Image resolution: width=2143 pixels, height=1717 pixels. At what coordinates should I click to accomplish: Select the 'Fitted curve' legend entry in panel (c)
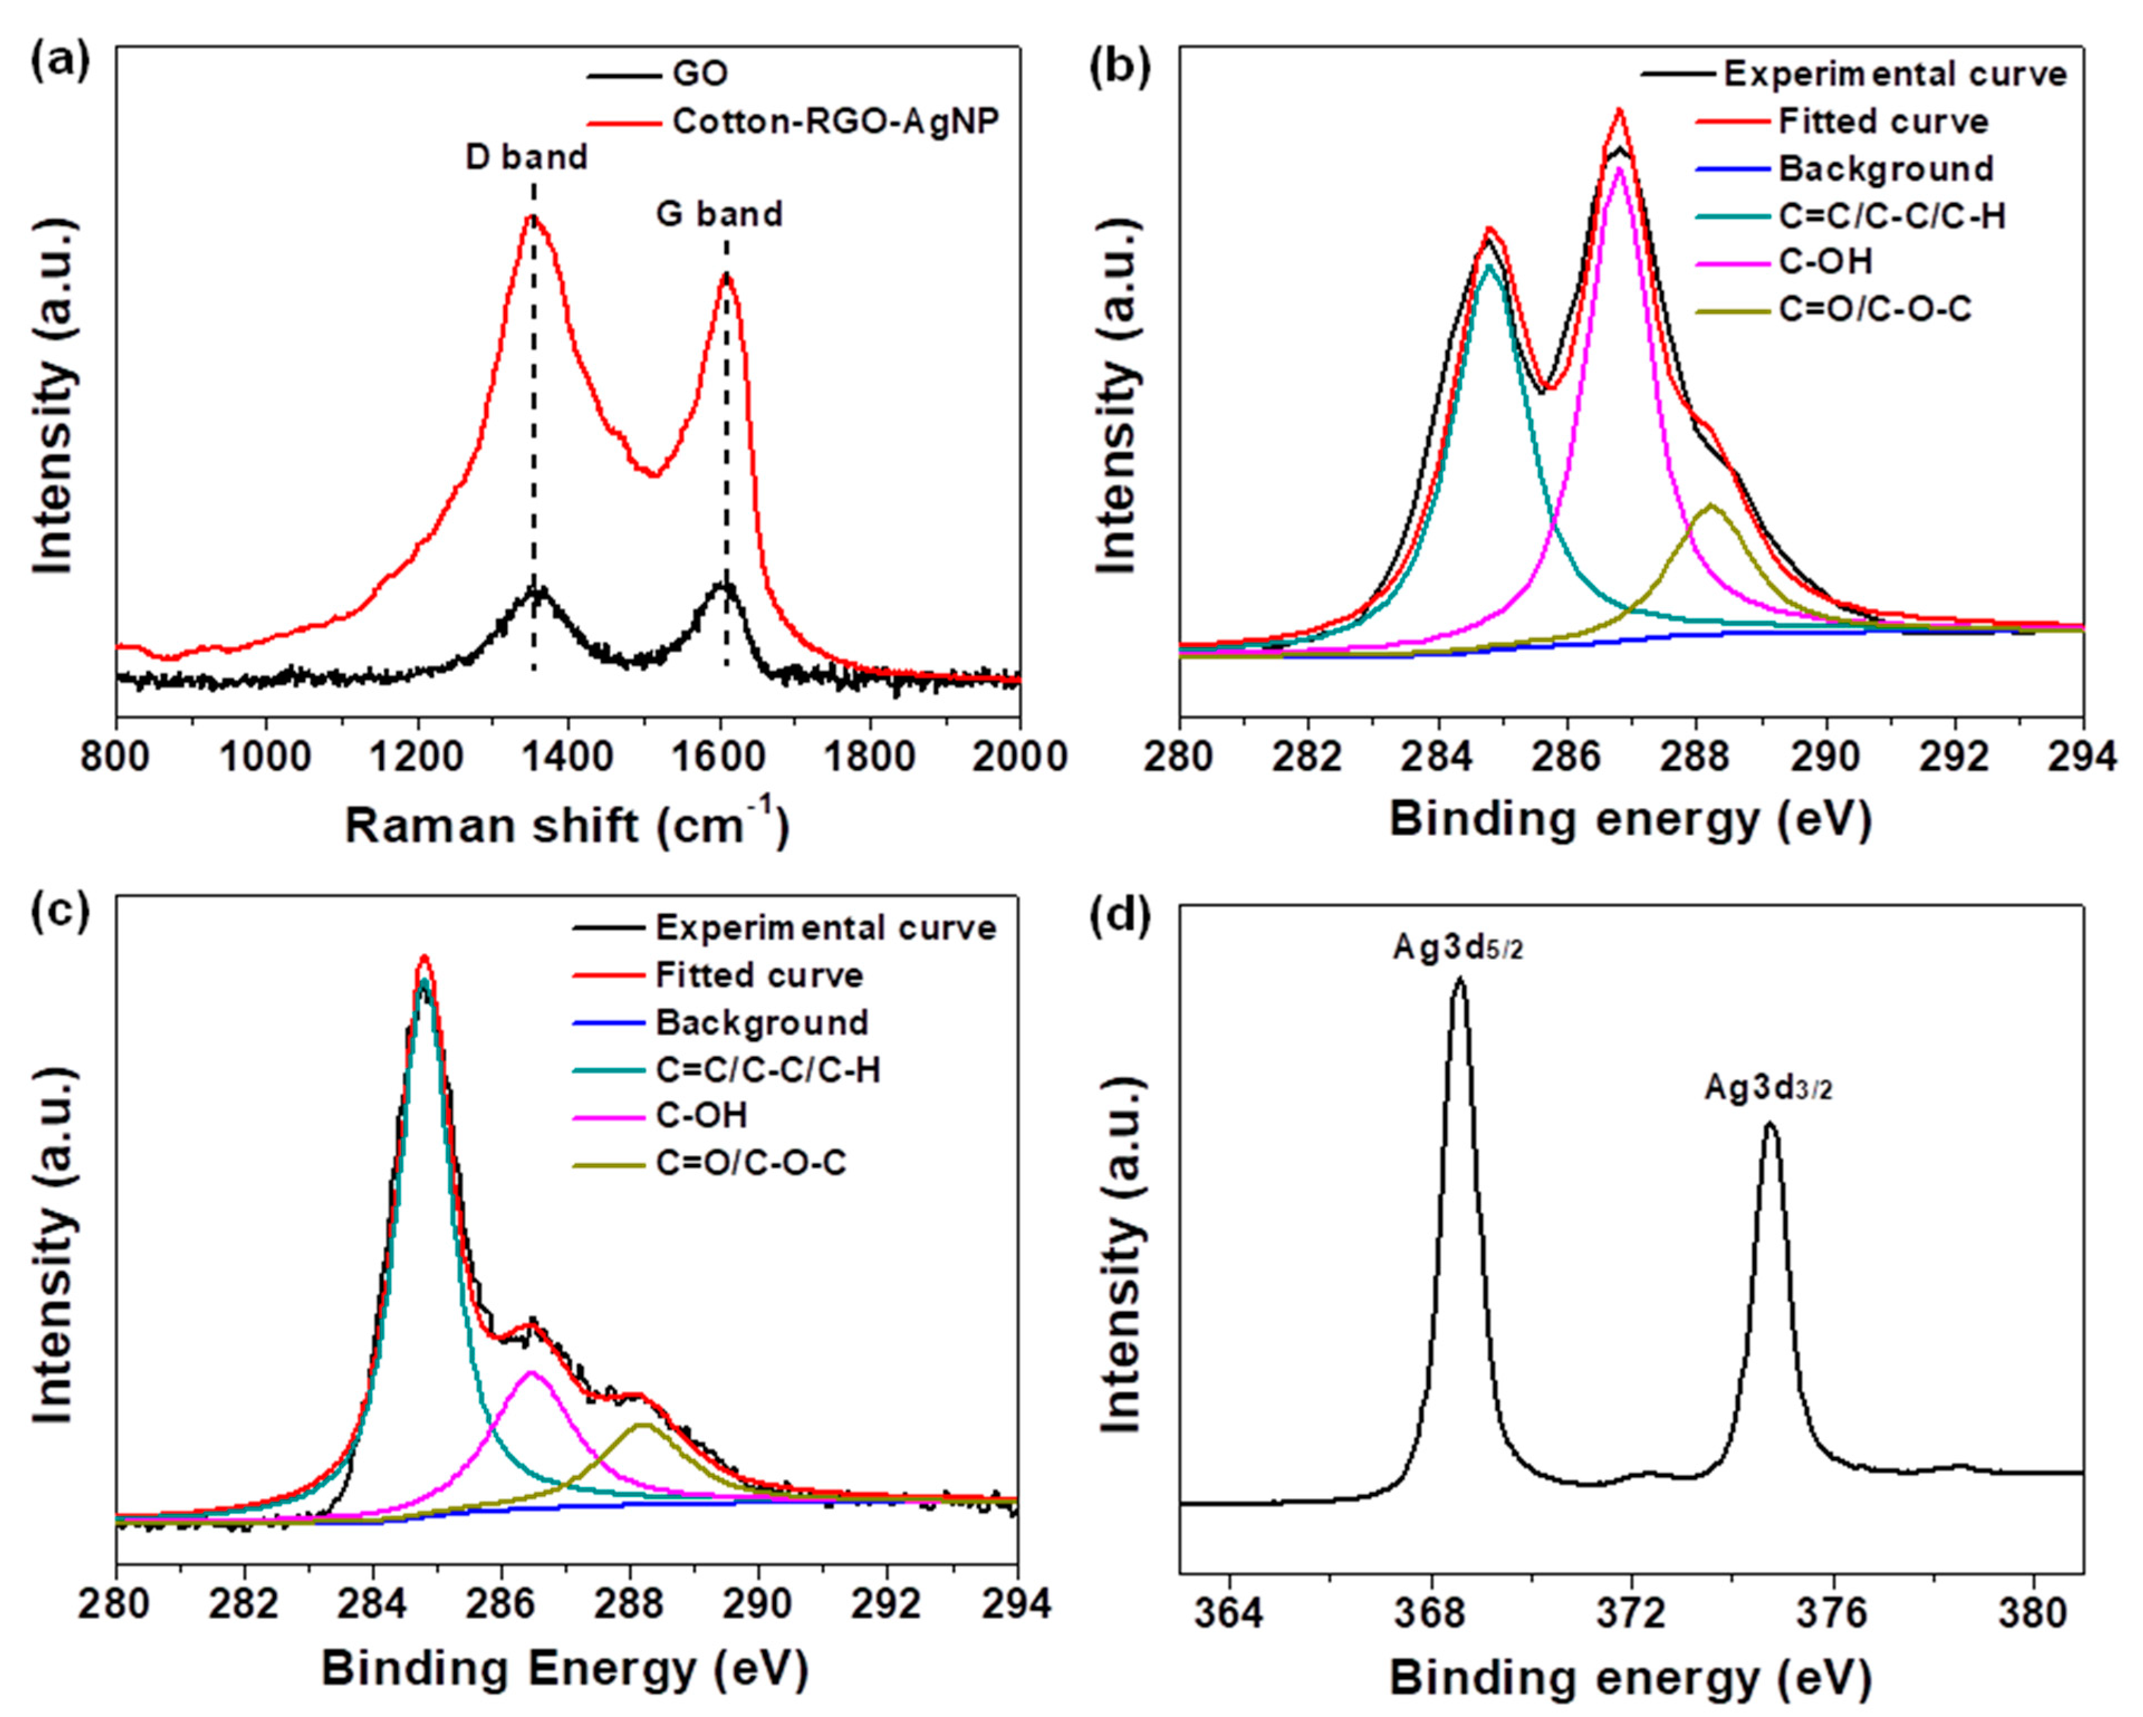pyautogui.click(x=758, y=975)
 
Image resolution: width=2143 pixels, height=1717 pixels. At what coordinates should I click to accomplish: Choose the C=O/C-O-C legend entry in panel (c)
pyautogui.click(x=750, y=1162)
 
